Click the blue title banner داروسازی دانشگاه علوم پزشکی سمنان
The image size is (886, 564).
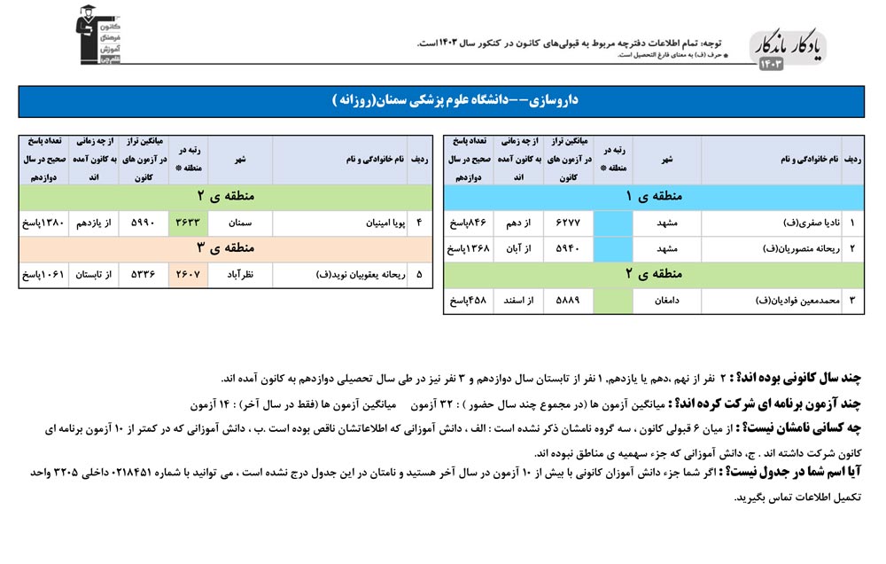pyautogui.click(x=441, y=101)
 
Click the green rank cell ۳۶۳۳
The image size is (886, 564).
pyautogui.click(x=189, y=223)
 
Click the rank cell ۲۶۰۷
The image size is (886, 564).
pyautogui.click(x=189, y=275)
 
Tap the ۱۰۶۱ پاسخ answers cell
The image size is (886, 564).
pyautogui.click(x=43, y=275)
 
